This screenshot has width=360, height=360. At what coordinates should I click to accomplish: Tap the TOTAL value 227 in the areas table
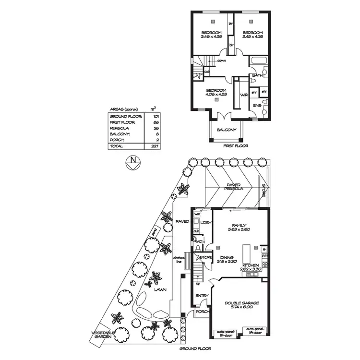(155, 146)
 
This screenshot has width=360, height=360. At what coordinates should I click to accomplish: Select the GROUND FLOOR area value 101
(155, 117)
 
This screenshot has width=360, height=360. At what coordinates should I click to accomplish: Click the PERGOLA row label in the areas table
(120, 128)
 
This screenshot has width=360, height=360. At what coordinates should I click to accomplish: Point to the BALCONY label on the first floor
(226, 130)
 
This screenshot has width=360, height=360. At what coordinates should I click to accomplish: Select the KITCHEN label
(251, 265)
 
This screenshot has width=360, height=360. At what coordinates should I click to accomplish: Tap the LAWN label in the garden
(160, 290)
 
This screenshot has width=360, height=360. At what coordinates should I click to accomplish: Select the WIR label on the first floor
(243, 94)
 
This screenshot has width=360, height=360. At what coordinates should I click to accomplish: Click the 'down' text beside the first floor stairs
(221, 61)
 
